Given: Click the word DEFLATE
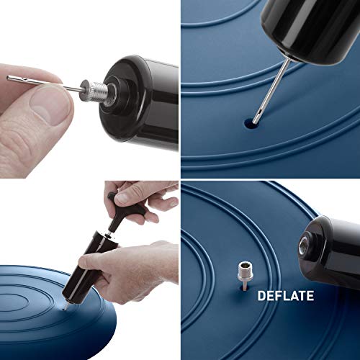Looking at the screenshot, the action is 286,296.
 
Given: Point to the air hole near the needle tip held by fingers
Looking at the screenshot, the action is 22,78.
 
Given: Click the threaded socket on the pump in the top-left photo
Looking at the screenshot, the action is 112,93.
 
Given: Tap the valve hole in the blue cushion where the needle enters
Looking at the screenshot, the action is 250,123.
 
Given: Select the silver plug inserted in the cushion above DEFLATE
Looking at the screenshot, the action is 245,276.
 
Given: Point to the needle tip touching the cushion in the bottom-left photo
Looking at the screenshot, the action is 64,308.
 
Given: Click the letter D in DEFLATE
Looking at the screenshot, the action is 261,296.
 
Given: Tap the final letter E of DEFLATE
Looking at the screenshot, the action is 310,296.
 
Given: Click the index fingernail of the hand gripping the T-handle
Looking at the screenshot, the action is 122,197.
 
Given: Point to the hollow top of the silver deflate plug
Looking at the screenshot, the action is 245,265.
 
